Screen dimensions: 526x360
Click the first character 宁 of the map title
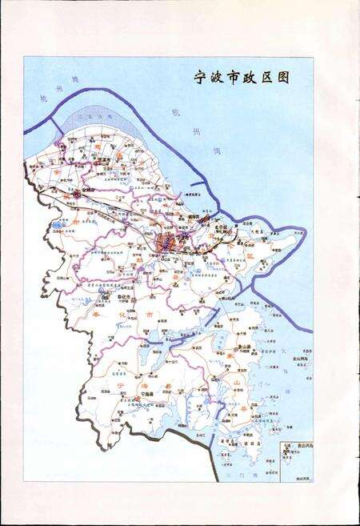point(202,78)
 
